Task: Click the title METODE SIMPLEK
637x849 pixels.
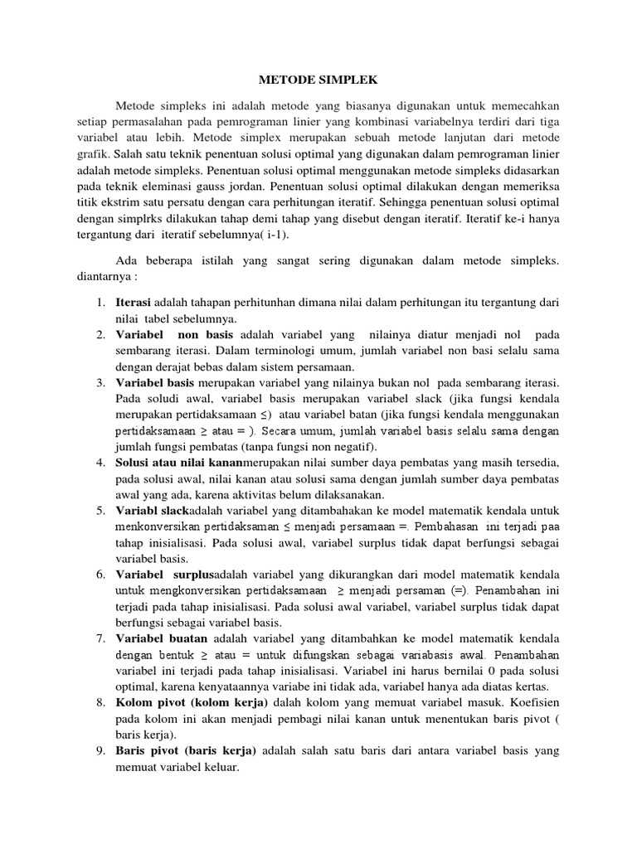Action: [318, 80]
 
